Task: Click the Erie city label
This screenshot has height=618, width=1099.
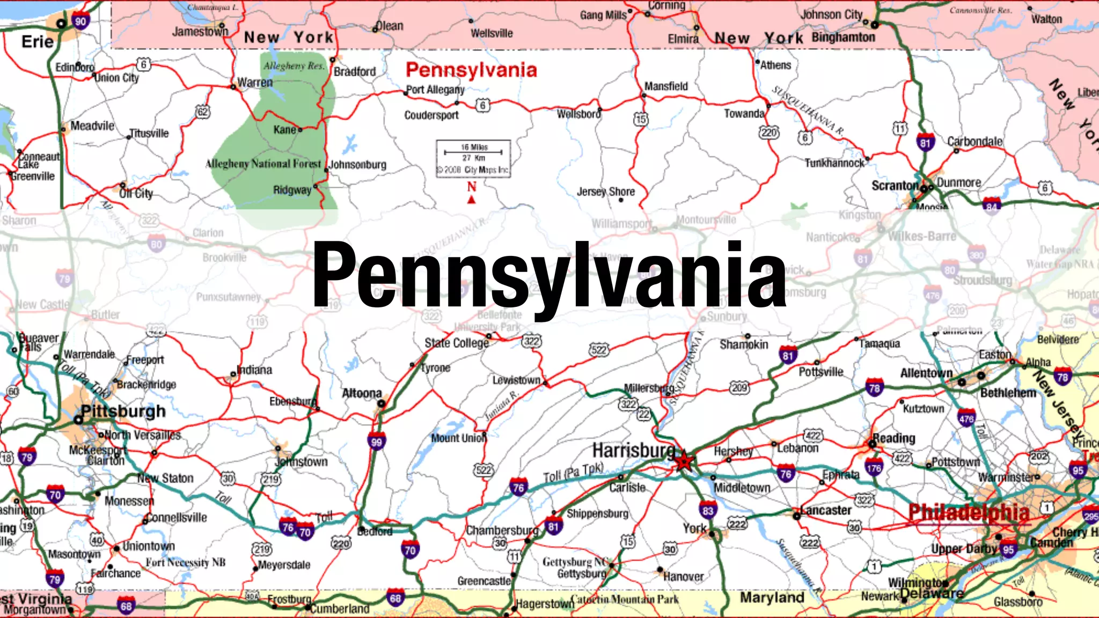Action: (x=37, y=42)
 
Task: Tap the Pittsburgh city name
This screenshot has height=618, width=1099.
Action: (x=123, y=411)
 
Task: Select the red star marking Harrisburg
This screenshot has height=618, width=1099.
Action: (x=684, y=461)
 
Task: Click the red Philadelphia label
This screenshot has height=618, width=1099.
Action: (x=969, y=512)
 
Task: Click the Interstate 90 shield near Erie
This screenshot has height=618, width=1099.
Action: (x=80, y=21)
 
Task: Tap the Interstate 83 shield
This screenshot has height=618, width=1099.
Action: (x=708, y=510)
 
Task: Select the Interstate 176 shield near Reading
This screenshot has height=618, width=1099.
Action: (x=874, y=467)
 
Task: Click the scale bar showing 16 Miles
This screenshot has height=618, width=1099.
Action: (x=473, y=152)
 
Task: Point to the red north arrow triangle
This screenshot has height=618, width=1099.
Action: (x=472, y=200)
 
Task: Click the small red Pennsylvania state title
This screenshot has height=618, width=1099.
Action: (x=471, y=70)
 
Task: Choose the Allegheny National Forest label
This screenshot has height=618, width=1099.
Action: (x=263, y=164)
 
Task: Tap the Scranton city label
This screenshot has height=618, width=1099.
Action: (x=895, y=186)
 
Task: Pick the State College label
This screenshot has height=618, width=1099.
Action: (x=457, y=343)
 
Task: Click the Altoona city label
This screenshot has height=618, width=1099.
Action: (x=362, y=393)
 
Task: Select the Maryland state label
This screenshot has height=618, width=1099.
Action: (x=772, y=597)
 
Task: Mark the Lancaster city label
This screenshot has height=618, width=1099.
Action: (x=825, y=510)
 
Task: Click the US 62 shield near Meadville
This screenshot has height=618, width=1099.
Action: (x=202, y=112)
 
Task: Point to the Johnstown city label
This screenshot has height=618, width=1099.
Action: (x=301, y=461)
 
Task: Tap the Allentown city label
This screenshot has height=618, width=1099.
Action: (x=926, y=373)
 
